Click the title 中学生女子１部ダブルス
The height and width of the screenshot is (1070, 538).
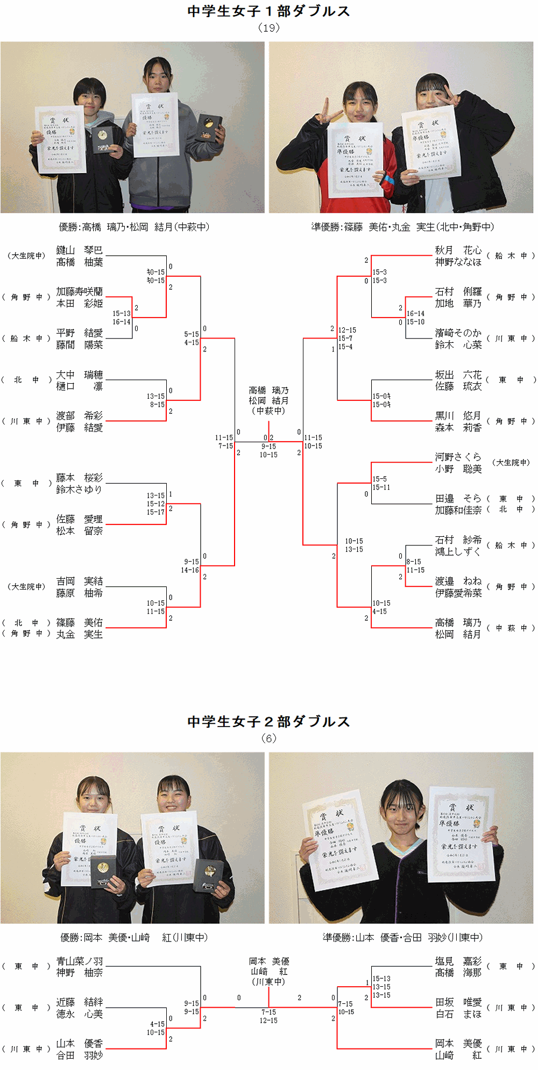coord(268,11)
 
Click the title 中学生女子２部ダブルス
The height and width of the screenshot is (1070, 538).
coord(268,722)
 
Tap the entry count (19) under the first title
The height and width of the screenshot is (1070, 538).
coord(268,28)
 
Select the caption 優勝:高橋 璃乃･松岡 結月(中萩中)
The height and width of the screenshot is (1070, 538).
coord(134,227)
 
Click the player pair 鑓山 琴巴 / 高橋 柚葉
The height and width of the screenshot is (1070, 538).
coord(80,256)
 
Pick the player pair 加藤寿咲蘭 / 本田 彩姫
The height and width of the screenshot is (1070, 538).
coord(80,297)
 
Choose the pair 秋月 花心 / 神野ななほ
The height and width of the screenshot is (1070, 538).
coord(458,256)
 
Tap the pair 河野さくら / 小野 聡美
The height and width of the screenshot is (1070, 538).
coord(458,463)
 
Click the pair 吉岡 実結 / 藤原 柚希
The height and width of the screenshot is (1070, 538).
coord(80,587)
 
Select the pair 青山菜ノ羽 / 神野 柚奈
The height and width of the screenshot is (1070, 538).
coord(80,967)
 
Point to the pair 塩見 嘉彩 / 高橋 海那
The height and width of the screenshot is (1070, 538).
coord(458,967)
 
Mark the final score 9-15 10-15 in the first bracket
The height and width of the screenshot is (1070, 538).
coord(268,450)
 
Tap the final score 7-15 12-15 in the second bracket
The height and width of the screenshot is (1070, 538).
coord(268,1016)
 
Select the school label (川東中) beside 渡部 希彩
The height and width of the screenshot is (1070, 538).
coord(26,421)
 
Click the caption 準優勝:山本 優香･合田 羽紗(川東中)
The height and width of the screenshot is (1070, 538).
coord(402,938)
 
